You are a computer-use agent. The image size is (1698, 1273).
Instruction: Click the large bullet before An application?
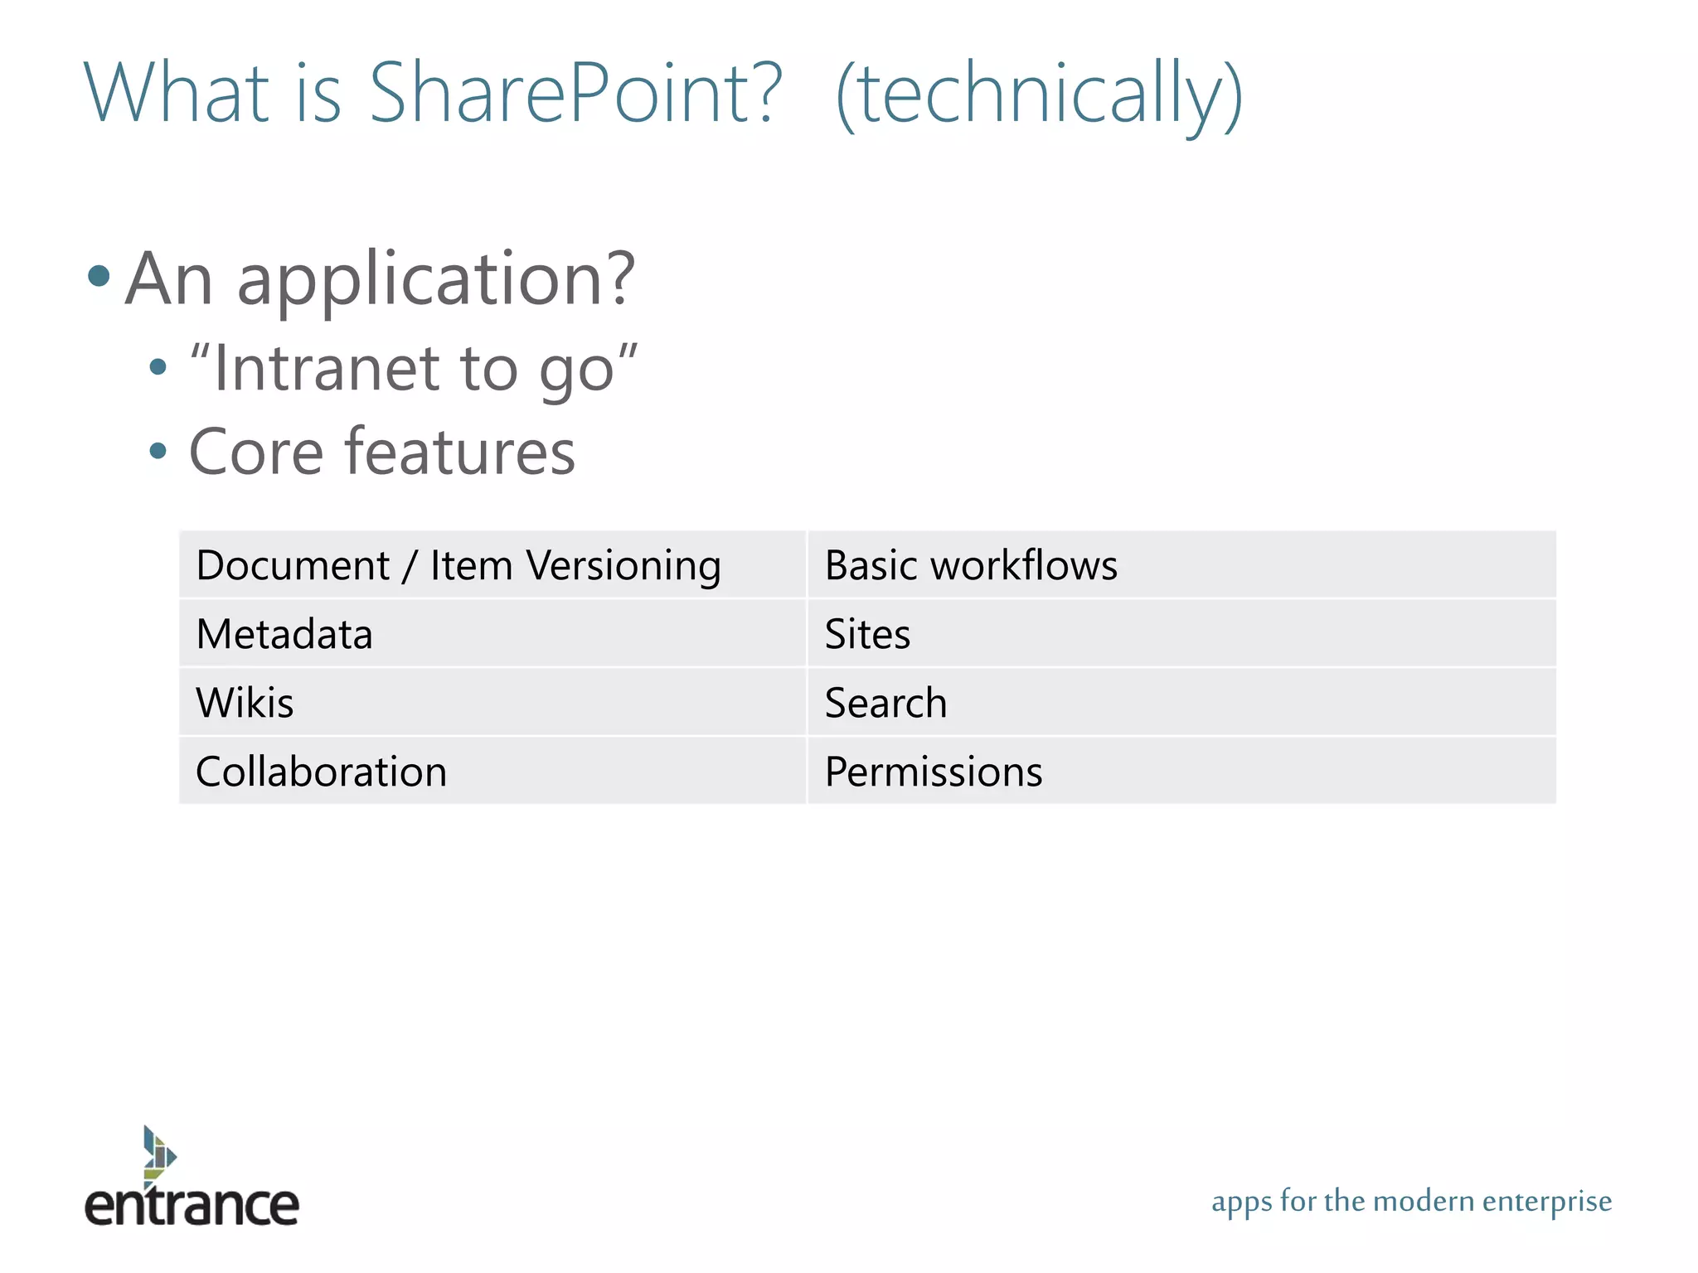point(99,276)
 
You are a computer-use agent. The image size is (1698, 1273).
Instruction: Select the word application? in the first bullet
point(436,280)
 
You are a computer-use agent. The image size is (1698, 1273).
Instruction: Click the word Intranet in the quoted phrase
point(326,368)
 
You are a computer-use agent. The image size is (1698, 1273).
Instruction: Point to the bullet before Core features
point(158,452)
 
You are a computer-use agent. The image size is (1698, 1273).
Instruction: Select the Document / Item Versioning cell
point(492,565)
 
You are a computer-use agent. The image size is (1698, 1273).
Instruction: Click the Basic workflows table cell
point(1181,565)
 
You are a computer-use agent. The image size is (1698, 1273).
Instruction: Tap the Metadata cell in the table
point(492,634)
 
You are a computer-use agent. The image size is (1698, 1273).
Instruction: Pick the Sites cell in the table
point(1181,634)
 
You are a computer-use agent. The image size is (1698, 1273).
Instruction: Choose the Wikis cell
point(492,703)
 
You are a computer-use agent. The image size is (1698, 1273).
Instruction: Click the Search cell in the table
point(1181,703)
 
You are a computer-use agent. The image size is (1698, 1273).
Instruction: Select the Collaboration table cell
point(492,772)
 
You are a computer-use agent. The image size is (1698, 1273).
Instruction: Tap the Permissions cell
point(1181,772)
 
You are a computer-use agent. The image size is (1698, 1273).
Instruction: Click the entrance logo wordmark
point(192,1205)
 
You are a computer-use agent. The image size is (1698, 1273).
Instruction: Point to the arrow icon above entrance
point(158,1152)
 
